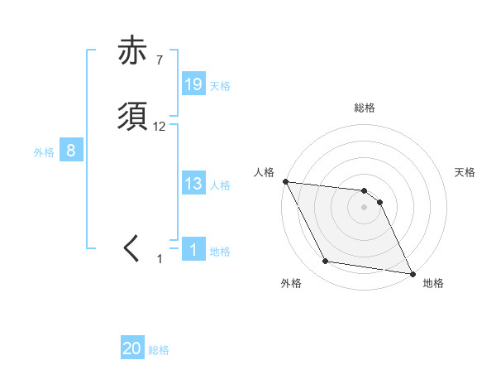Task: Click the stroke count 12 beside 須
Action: point(160,127)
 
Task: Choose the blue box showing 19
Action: point(193,84)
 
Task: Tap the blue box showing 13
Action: point(193,184)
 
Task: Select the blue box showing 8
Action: point(71,151)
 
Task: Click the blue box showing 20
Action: point(132,349)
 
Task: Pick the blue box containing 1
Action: point(193,250)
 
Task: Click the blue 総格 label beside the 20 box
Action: point(159,351)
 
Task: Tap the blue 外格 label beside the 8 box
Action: point(43,152)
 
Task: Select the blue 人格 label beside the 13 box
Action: point(220,185)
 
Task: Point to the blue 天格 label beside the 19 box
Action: point(220,86)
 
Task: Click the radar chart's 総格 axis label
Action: point(365,108)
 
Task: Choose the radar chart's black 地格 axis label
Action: point(433,284)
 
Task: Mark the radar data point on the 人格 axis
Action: point(285,181)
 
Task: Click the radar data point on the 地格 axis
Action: point(413,273)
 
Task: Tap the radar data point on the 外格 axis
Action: point(326,262)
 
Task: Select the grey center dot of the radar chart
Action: point(365,207)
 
